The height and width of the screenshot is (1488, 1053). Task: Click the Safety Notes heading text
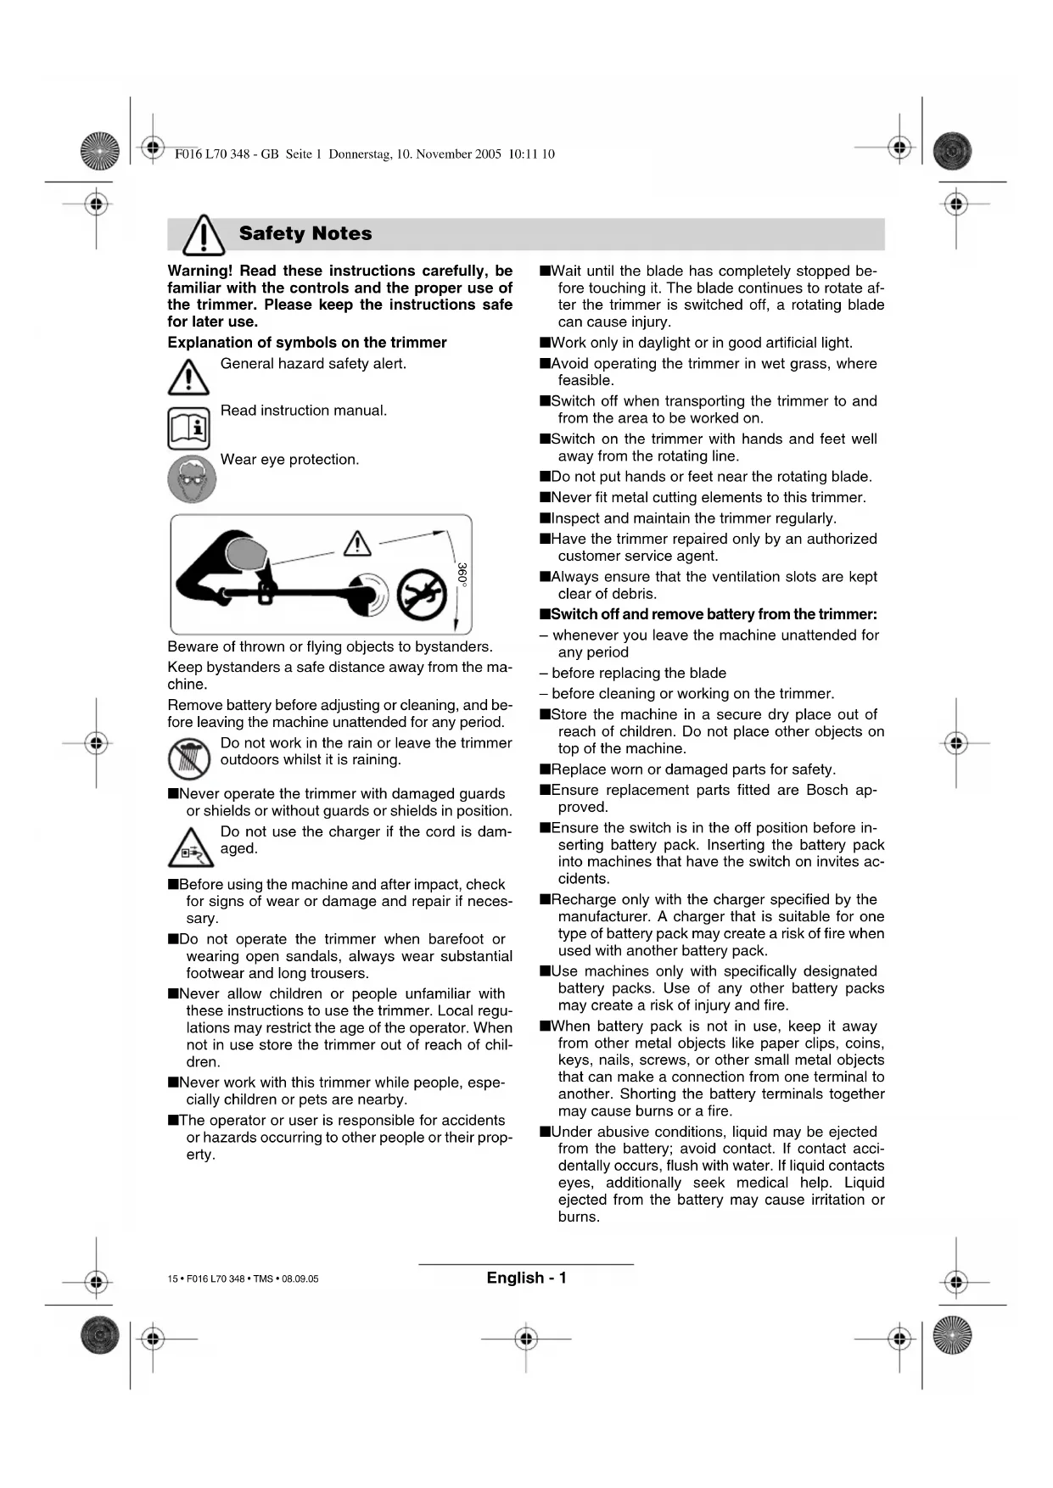[x=305, y=233]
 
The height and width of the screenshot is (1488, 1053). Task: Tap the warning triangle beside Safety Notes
[x=204, y=235]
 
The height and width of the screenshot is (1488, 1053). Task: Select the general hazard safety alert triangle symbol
[x=188, y=378]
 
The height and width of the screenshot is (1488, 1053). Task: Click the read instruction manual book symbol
[x=188, y=428]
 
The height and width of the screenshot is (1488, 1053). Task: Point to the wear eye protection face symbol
[x=192, y=478]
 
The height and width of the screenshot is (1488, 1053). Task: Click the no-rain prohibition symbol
[x=188, y=758]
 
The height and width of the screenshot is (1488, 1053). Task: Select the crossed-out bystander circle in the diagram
[x=422, y=592]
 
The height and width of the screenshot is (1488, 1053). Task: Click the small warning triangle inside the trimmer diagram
[x=357, y=543]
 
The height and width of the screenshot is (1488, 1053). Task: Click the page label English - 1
[x=526, y=1278]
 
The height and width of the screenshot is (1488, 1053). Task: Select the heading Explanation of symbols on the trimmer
[x=306, y=343]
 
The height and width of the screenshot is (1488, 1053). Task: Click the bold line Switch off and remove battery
[x=713, y=614]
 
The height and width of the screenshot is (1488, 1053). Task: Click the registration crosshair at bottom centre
[x=526, y=1339]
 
